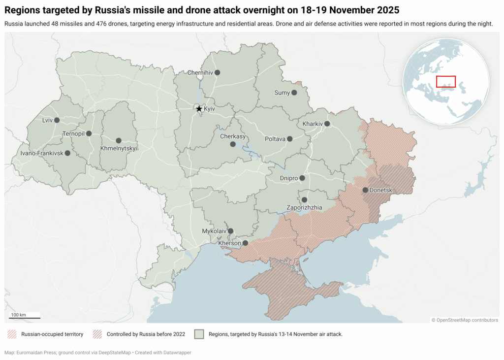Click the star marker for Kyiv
199,109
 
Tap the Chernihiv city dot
217,72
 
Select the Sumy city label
282,93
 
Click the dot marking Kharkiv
327,124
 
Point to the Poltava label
275,139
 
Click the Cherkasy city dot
233,144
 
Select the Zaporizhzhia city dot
304,200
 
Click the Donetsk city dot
365,190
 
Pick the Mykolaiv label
214,231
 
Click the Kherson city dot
245,243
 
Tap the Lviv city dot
57,120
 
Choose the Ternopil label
74,133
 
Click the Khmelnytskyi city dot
119,141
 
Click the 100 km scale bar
25,318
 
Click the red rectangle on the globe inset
446,82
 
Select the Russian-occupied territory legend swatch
11,334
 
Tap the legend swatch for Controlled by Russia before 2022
96,334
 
